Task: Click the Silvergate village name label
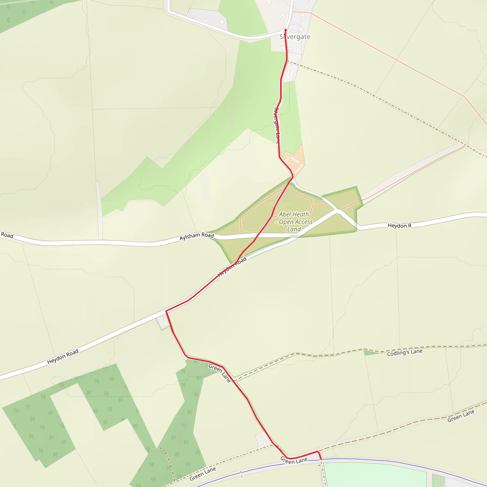coord(295,37)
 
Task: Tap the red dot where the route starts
coord(286,30)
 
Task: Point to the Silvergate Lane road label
coord(277,126)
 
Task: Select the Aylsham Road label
coord(197,236)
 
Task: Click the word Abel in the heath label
coord(285,214)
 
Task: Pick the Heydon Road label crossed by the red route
coord(232,267)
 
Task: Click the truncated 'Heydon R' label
coord(399,225)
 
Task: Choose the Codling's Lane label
coord(404,352)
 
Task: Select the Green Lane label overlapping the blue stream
coord(294,460)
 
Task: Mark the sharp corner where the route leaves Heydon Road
coord(166,312)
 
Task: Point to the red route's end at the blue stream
coord(321,459)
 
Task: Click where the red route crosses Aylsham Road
coord(256,237)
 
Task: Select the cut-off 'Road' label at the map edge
coord(7,235)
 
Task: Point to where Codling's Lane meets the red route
coord(234,381)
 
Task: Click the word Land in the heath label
coord(294,229)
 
